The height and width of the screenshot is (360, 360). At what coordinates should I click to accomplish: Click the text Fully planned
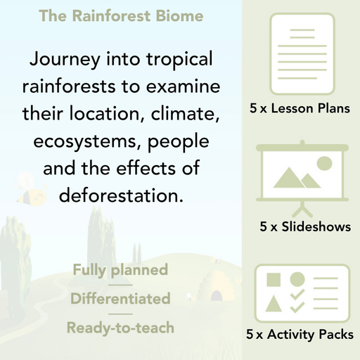120,269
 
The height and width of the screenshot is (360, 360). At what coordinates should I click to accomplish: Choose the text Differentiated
120,298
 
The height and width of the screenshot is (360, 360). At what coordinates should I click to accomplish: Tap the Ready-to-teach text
120,327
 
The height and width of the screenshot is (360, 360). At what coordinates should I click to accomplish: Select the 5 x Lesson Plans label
300,109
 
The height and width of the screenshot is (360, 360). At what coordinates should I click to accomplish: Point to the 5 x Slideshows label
305,227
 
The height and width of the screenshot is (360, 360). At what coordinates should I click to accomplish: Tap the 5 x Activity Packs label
300,335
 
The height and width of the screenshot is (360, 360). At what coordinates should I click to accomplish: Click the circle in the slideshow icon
324,164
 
